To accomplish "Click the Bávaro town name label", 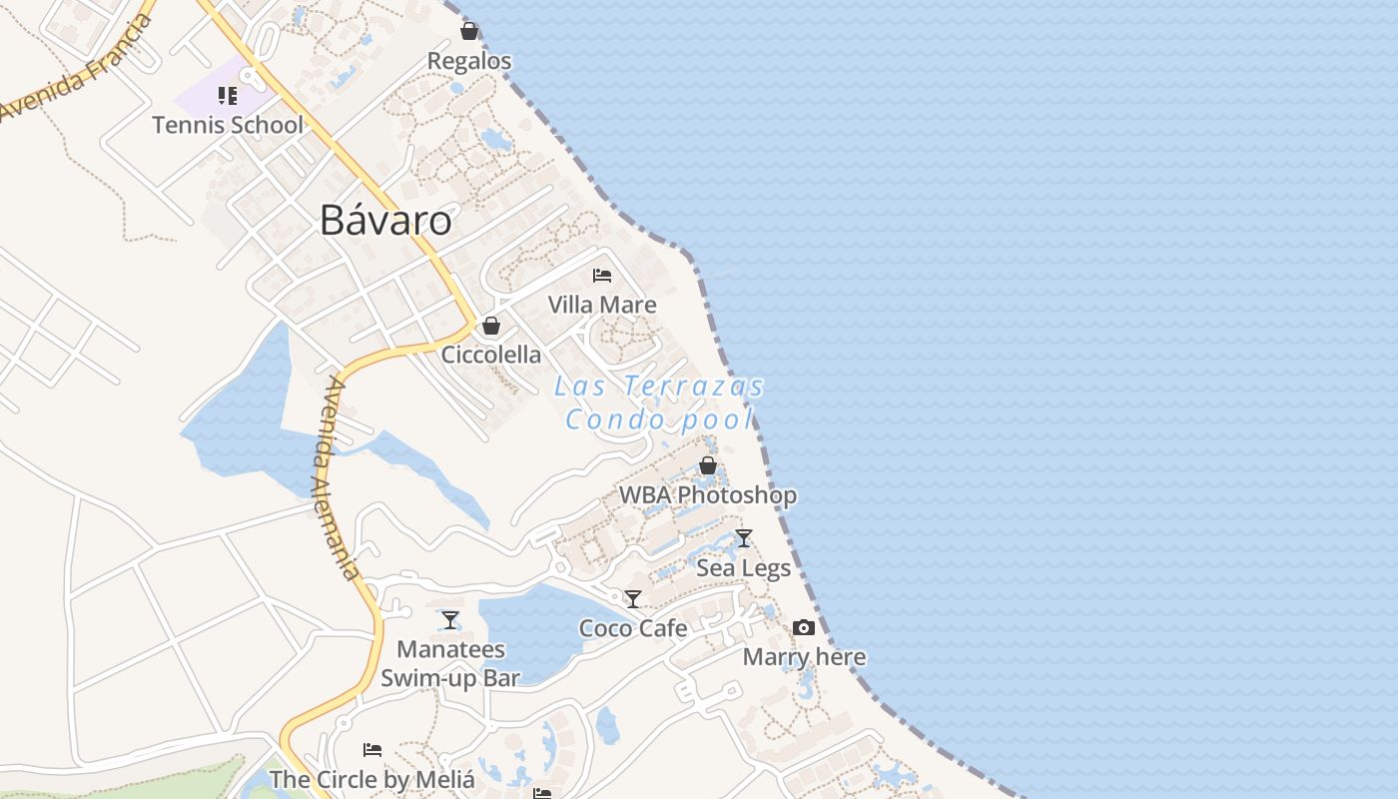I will (385, 221).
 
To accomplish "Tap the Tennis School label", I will (228, 125).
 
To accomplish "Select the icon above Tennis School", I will (228, 96).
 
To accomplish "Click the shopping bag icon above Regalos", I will (469, 32).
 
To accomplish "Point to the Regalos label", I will (469, 61).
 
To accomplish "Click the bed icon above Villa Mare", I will (602, 275).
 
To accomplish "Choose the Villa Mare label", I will (602, 305).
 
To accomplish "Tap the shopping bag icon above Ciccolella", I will (490, 326).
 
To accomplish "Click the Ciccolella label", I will (491, 355).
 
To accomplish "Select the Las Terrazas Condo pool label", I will (660, 402).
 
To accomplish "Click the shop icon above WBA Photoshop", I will (708, 465).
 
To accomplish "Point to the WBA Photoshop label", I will (708, 495).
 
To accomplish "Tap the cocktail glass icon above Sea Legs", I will (743, 539).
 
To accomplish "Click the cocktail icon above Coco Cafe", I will (633, 599).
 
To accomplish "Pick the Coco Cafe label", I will (633, 628).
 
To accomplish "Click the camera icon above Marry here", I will (804, 628).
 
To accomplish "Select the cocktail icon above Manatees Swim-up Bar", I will (450, 620).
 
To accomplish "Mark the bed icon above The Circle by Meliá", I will (372, 749).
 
